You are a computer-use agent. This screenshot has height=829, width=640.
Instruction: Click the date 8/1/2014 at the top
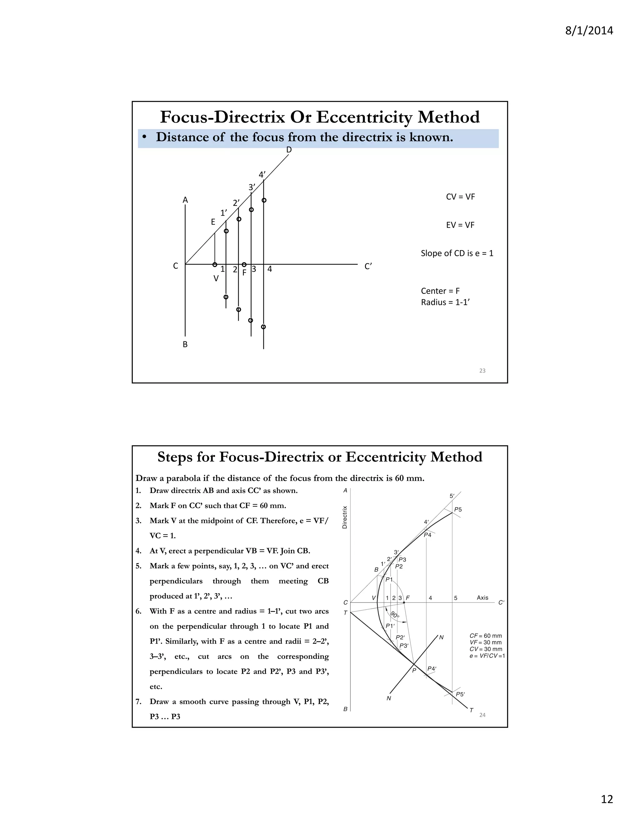(x=589, y=30)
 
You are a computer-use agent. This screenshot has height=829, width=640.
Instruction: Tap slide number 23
(x=482, y=370)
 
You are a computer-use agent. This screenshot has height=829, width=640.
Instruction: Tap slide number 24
(x=482, y=715)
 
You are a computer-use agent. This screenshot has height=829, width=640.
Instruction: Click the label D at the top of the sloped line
(x=289, y=150)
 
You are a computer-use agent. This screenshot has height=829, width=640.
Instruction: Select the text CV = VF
(x=460, y=197)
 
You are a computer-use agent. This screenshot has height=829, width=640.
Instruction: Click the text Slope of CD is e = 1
(x=457, y=253)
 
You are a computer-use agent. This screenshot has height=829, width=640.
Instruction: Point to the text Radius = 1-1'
(x=445, y=302)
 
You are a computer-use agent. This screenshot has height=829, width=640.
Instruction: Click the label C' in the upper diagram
(x=368, y=267)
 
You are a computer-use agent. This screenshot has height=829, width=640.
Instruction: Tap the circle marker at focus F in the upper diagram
(x=244, y=265)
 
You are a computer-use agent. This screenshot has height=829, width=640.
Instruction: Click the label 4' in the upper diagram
(x=262, y=175)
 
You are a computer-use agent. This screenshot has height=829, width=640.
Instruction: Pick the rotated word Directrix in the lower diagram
(x=345, y=517)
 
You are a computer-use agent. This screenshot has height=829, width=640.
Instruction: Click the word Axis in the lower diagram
(x=482, y=598)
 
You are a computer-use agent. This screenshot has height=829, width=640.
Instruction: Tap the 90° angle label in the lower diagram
(x=395, y=614)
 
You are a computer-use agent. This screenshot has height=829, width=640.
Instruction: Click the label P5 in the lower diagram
(x=458, y=509)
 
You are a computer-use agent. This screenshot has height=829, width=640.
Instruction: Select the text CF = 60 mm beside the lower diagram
(x=485, y=635)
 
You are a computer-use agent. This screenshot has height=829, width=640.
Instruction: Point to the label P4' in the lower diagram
(x=432, y=669)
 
